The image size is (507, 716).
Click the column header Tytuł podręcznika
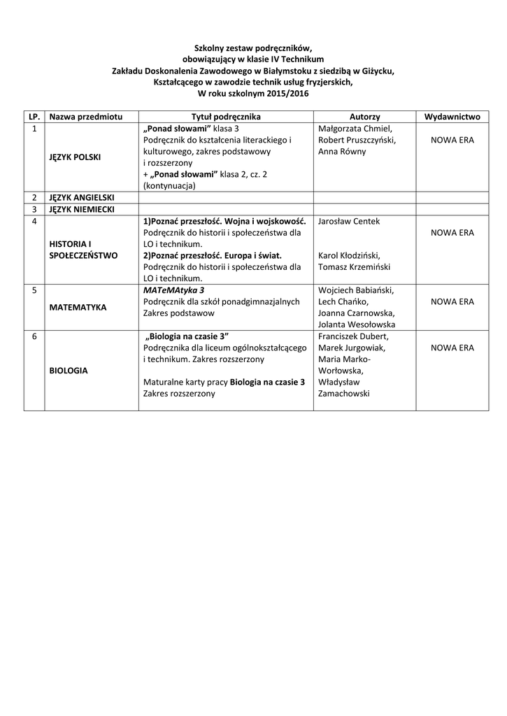pyautogui.click(x=226, y=117)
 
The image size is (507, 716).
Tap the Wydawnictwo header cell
pyautogui.click(x=452, y=117)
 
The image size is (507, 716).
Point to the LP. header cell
pyautogui.click(x=34, y=117)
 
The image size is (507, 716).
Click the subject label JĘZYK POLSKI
pyautogui.click(x=75, y=157)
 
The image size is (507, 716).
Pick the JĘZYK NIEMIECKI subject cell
pyautogui.click(x=81, y=209)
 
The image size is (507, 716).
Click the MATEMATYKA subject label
pyautogui.click(x=78, y=307)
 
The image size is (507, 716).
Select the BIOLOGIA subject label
pyautogui.click(x=69, y=371)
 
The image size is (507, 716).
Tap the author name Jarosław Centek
pyautogui.click(x=349, y=221)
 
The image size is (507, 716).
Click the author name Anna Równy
pyautogui.click(x=342, y=151)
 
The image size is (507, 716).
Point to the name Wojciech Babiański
pyautogui.click(x=356, y=290)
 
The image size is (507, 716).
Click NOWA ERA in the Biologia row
pyautogui.click(x=452, y=348)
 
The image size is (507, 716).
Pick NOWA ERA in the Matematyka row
pyautogui.click(x=452, y=301)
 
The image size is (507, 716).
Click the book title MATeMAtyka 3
pyautogui.click(x=173, y=290)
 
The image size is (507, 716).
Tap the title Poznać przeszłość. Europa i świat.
pyautogui.click(x=212, y=255)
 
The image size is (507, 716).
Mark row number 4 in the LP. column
pyautogui.click(x=34, y=221)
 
